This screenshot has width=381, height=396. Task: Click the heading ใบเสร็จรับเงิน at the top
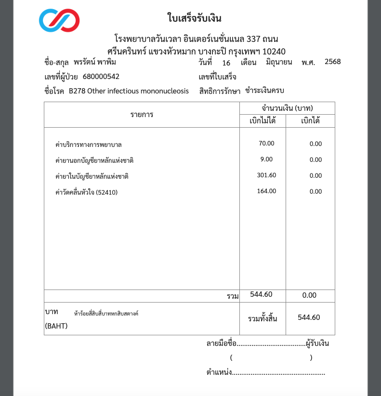pos(194,19)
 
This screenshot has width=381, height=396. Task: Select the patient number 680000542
pos(101,77)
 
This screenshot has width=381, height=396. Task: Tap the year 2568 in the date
pos(333,62)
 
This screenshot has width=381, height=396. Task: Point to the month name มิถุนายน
pos(279,63)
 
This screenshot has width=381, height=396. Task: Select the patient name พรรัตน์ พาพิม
pos(95,63)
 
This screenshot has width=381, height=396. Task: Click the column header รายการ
pos(142,114)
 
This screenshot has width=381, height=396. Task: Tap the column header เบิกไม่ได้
pos(263,121)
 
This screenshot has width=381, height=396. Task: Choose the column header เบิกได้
pos(310,121)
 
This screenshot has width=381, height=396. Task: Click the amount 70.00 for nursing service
pos(266,144)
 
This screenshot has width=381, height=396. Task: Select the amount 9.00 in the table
pos(266,159)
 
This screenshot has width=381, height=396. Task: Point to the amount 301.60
pos(266,175)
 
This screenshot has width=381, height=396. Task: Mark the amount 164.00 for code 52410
pos(266,191)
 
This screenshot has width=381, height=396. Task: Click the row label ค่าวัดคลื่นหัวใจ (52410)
pos(87,192)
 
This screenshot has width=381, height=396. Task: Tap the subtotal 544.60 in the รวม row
pos(262,295)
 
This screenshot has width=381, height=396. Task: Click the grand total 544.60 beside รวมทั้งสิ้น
pos(309,317)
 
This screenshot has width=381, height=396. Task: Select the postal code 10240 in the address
pos(274,51)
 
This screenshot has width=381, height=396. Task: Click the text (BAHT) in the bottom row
pos(56,326)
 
